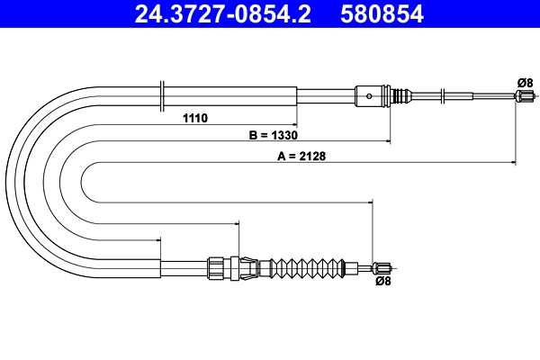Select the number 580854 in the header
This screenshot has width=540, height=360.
tap(385, 13)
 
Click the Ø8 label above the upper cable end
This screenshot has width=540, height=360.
tap(526, 83)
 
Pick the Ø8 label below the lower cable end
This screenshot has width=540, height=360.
tap(382, 282)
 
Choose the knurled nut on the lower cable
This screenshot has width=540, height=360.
tap(215, 266)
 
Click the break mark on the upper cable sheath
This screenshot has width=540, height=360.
tap(161, 93)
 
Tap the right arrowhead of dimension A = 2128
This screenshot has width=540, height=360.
tap(512, 163)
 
